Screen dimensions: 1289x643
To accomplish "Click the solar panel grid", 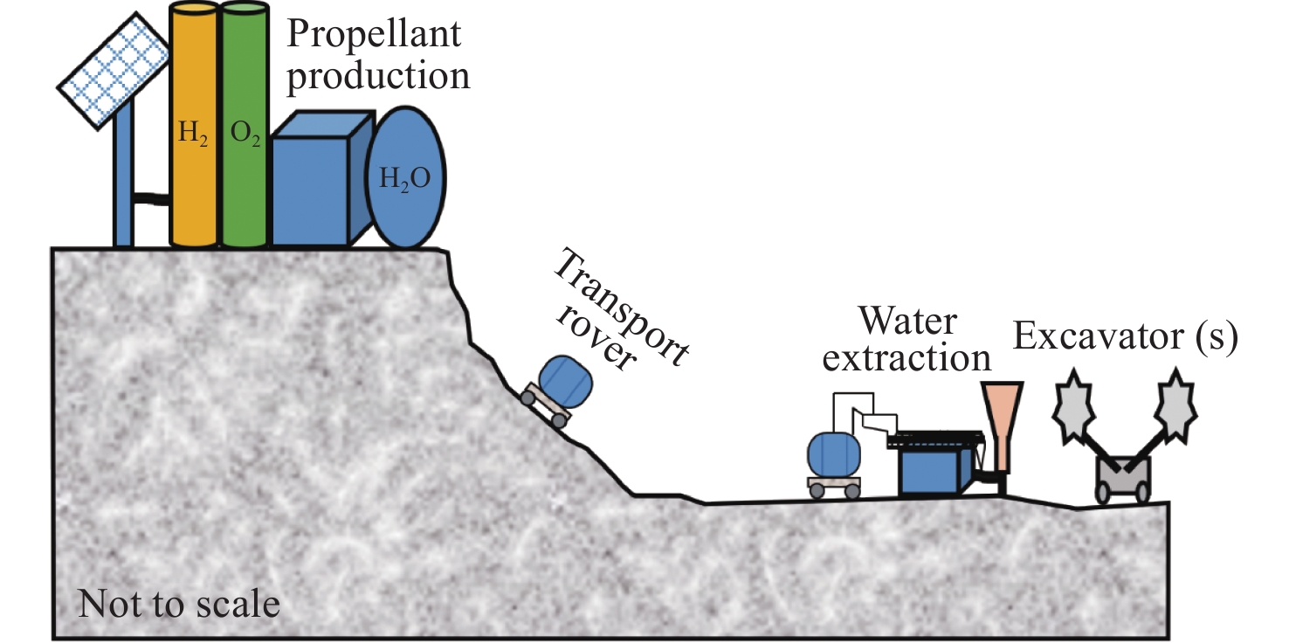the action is tap(114, 71).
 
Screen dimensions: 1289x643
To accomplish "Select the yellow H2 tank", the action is tap(193, 124).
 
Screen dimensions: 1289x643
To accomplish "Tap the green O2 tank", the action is tap(245, 124).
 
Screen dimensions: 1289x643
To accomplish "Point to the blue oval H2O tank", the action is tap(406, 177).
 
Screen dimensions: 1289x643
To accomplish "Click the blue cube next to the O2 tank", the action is tap(320, 178).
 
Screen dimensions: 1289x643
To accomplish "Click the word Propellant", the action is tap(374, 34).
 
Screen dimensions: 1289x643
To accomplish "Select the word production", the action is tap(378, 77).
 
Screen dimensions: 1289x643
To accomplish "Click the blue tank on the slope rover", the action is tap(565, 381).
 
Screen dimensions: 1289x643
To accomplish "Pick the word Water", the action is tap(907, 321).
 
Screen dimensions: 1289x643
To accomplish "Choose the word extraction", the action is tap(906, 358).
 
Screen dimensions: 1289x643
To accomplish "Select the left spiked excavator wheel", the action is tap(1072, 406).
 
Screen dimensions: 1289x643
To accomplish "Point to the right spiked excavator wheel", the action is tap(1175, 405).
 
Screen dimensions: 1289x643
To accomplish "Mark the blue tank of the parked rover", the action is tap(834, 455).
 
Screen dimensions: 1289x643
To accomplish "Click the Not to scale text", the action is tap(179, 604).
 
